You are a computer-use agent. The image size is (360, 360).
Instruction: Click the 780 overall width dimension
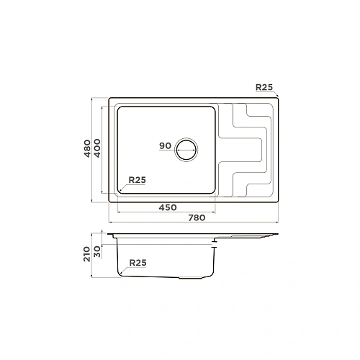click(x=197, y=218)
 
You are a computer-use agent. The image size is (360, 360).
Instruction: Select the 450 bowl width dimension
click(x=168, y=207)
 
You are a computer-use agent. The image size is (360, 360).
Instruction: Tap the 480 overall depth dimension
click(x=87, y=148)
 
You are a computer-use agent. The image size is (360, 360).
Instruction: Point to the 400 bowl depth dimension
click(x=97, y=148)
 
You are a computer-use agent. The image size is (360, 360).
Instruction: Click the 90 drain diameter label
click(x=165, y=145)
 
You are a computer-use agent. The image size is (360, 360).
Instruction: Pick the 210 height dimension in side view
click(x=87, y=254)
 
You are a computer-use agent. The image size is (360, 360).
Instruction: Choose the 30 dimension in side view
click(x=97, y=252)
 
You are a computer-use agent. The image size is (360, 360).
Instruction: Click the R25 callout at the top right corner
click(x=264, y=87)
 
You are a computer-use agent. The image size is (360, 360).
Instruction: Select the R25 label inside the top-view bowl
click(x=138, y=180)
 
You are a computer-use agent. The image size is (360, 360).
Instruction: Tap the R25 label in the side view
click(x=138, y=263)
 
